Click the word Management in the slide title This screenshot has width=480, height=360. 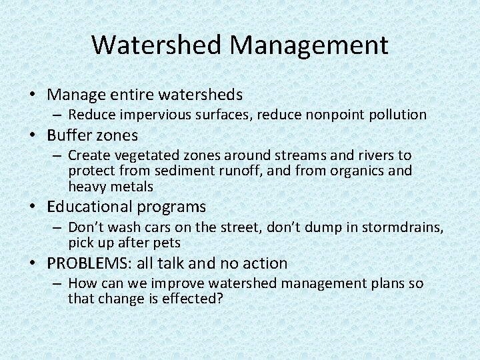coord(309,45)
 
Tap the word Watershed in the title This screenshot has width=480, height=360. coord(157,45)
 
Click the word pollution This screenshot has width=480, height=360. coord(394,115)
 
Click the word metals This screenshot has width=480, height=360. coord(132,187)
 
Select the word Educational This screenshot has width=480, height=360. coord(94,207)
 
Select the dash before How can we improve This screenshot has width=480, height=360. coord(59,283)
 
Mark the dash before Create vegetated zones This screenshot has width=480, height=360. coord(59,155)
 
